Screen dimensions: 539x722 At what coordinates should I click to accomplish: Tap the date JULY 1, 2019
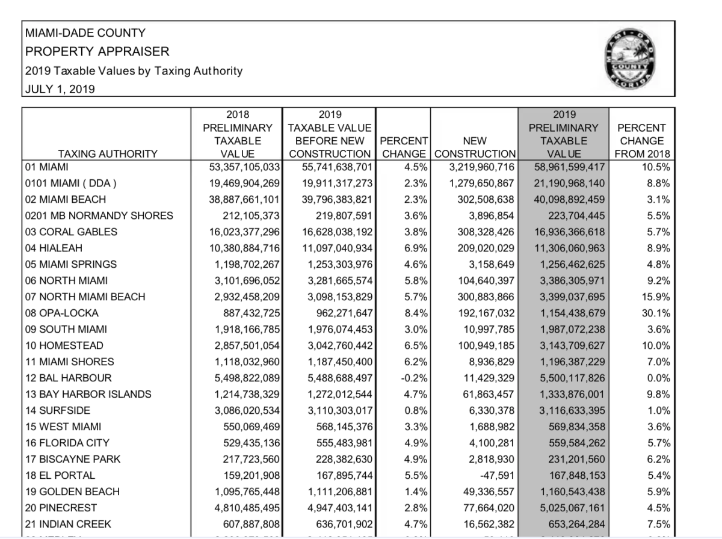click(60, 90)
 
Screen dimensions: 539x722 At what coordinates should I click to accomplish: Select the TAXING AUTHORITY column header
click(108, 154)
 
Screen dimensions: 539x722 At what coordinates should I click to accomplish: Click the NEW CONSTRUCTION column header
click(475, 147)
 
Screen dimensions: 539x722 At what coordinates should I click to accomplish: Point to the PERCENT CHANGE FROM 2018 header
click(642, 141)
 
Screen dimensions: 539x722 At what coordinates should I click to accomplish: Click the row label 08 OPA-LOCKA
click(62, 313)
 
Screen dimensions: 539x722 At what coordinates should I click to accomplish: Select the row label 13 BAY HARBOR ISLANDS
click(88, 395)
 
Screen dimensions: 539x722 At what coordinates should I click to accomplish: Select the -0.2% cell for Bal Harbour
click(414, 378)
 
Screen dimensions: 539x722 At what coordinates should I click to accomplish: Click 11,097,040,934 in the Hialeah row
click(333, 248)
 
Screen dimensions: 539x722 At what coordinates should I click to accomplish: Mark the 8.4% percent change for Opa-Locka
click(416, 313)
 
